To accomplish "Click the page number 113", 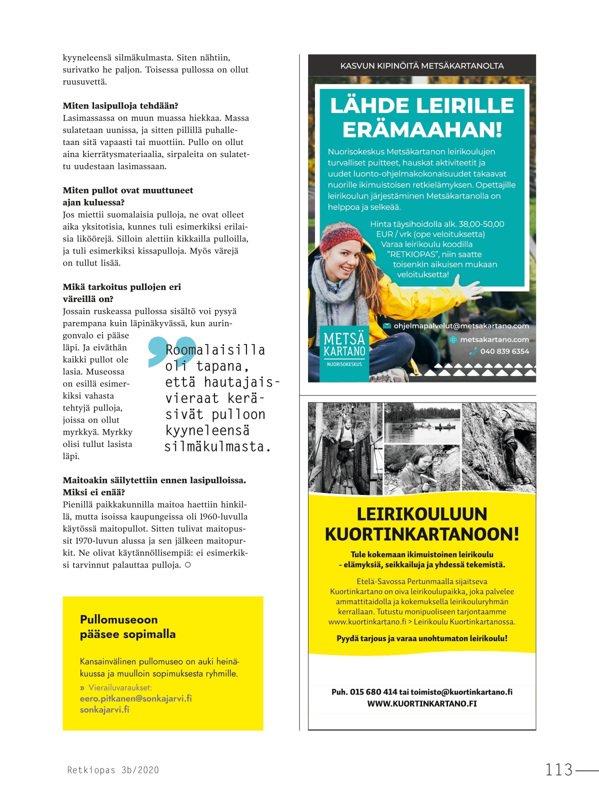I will click(558, 769).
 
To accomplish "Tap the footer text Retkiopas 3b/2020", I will click(113, 770).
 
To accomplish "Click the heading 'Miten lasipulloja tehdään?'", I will click(120, 106).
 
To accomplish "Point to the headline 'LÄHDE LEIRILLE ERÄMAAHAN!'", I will click(422, 117).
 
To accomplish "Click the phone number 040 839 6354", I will click(504, 351).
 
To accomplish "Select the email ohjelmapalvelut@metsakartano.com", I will click(460, 326).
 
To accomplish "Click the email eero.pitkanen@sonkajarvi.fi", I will click(135, 698).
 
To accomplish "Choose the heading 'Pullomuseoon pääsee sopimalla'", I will click(127, 626).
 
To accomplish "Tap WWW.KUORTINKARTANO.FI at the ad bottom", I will click(422, 703).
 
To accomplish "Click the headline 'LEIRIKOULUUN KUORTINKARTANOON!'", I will click(422, 524).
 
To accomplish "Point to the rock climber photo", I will click(498, 446).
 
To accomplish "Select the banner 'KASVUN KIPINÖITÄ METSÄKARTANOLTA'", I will click(422, 65).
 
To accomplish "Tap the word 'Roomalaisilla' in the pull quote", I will click(215, 349).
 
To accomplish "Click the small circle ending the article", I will click(187, 565).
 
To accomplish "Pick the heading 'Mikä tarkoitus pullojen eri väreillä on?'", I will click(122, 293).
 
